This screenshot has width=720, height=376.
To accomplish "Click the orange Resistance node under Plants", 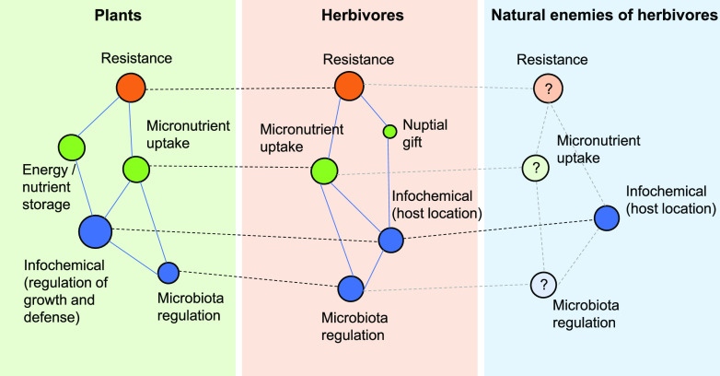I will point(132,88).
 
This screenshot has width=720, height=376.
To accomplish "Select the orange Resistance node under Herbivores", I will point(348,87).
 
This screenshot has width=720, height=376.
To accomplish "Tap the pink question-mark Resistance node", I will point(547,89).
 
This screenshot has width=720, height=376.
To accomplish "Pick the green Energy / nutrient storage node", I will point(72,147).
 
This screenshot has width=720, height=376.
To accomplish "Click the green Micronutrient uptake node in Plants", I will point(136,168).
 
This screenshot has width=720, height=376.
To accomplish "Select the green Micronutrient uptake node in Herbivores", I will point(324,171).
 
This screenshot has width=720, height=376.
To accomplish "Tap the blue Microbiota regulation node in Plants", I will point(168,272).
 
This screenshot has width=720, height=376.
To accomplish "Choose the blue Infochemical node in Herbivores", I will point(391,241).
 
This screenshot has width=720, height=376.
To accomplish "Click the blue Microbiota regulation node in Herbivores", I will point(351,288).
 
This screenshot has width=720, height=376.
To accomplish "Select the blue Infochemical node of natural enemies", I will point(606,218).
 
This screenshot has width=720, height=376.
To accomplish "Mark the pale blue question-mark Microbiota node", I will point(543,284).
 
